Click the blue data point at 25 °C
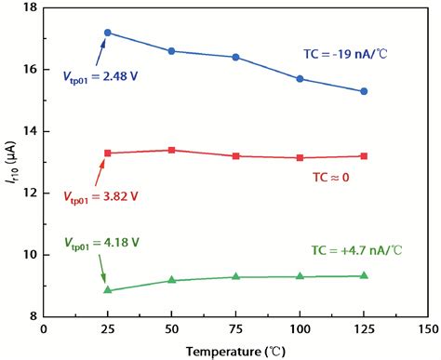(x=108, y=33)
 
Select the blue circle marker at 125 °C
(x=364, y=91)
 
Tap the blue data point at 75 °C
(x=235, y=57)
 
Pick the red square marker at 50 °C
(x=171, y=150)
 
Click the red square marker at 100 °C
(x=300, y=157)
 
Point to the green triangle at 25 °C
(x=108, y=290)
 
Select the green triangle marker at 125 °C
(x=364, y=275)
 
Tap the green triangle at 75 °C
(x=235, y=276)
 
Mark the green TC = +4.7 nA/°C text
(x=354, y=250)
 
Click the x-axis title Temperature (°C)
(x=235, y=351)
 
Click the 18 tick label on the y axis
(x=30, y=8)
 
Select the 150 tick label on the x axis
(x=427, y=328)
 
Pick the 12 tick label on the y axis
(x=30, y=193)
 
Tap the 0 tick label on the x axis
(x=44, y=328)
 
